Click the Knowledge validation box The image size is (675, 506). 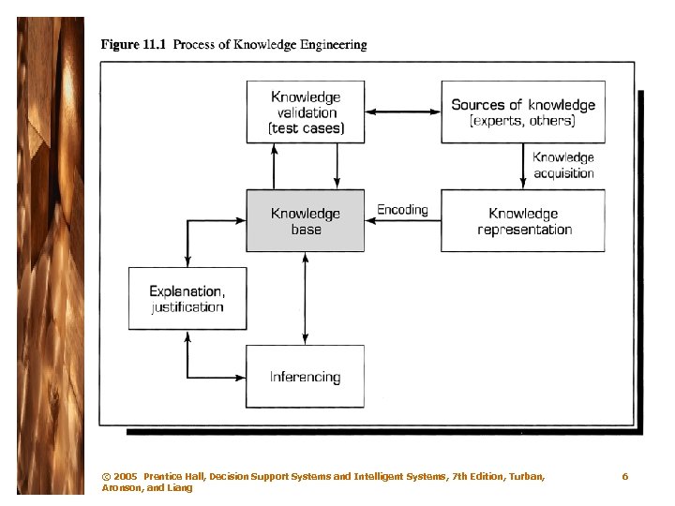tap(306, 112)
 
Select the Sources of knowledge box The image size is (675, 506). tap(522, 112)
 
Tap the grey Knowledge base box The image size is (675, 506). tap(306, 221)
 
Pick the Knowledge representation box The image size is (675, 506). tap(523, 221)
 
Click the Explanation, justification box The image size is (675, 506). tap(187, 298)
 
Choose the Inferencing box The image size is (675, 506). tap(305, 377)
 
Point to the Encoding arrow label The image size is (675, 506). tap(402, 210)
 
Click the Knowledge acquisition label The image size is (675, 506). tap(563, 165)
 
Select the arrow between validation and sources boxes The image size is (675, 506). tap(402, 112)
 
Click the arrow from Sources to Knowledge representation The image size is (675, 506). tap(523, 167)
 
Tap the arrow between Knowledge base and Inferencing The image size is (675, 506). tap(305, 298)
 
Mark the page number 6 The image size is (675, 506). tap(625, 477)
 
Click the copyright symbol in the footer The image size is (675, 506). tap(105, 477)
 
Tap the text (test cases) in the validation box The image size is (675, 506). tap(306, 128)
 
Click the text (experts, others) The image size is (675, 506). tap(522, 121)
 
